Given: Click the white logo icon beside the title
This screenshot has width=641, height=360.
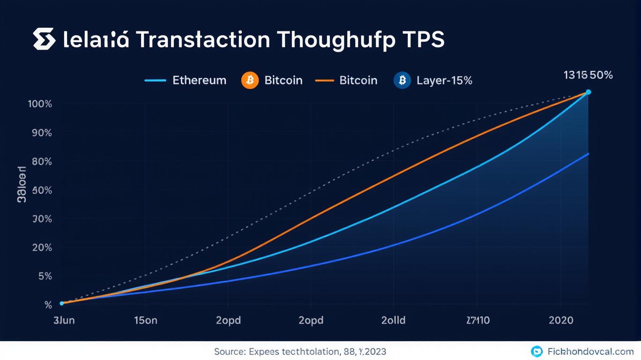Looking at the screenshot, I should (45, 39).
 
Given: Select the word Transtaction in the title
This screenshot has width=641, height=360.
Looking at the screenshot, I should (203, 40).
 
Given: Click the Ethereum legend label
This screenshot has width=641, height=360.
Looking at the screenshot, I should (199, 80).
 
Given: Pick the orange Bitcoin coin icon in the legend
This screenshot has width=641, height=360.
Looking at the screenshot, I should (250, 80).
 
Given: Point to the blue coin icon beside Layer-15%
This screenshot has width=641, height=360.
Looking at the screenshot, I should (402, 80).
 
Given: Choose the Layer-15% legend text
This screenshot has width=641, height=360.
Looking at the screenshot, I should (444, 80).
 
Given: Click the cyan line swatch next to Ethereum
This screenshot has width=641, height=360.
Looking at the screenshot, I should (156, 80).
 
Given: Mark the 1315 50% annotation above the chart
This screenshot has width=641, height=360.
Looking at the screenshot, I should (588, 75).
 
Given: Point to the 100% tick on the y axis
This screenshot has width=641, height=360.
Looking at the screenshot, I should (40, 104).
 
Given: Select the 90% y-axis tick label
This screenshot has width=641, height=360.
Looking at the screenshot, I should (41, 133).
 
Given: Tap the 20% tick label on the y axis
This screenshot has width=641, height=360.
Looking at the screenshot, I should (41, 247).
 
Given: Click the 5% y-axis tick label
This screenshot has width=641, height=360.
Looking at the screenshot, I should (45, 276).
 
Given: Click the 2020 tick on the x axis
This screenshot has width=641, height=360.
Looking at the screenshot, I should (561, 321).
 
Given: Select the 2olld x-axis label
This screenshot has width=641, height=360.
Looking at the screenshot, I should (394, 321).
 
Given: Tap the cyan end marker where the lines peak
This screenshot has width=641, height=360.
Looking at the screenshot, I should (589, 92).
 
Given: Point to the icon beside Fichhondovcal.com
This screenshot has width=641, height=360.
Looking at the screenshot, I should (537, 351).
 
